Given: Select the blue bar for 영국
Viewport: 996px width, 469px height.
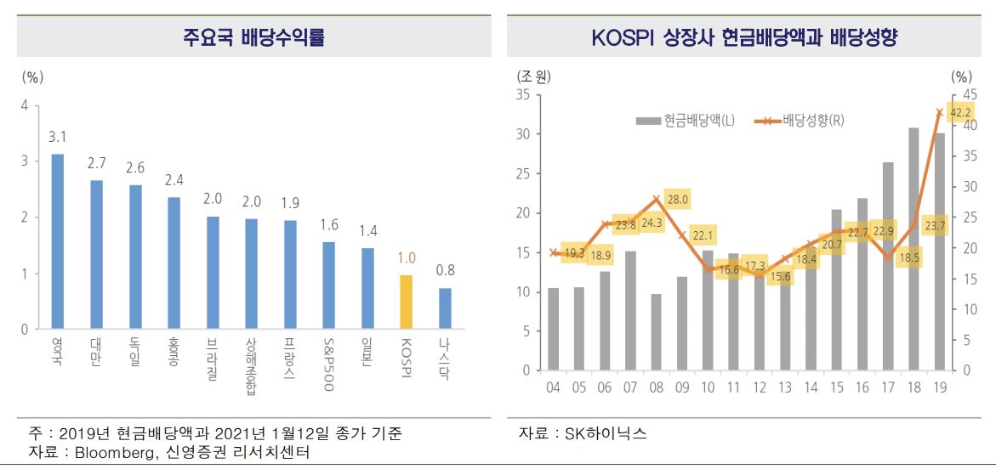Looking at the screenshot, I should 58,241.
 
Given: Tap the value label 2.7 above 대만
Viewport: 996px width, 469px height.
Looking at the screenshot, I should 96,162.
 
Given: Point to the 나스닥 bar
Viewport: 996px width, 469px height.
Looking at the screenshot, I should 444,308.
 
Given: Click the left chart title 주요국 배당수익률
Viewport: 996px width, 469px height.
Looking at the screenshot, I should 253,37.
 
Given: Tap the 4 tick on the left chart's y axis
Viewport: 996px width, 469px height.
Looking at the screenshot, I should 25,105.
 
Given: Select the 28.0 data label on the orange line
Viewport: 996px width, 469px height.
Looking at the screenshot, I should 678,200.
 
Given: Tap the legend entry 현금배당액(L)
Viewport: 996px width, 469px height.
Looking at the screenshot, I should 686,121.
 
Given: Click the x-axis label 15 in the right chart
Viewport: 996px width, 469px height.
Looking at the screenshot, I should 837,387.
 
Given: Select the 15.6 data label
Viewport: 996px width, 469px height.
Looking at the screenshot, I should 779,276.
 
